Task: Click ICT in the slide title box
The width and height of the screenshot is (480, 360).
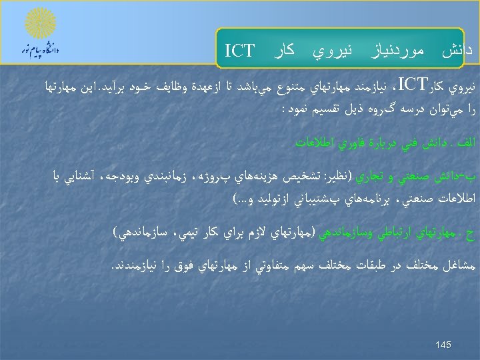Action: tap(240, 51)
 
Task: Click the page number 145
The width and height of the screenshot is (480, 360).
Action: tap(443, 345)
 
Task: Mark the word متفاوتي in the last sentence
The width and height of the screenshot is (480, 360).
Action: tap(240, 268)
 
